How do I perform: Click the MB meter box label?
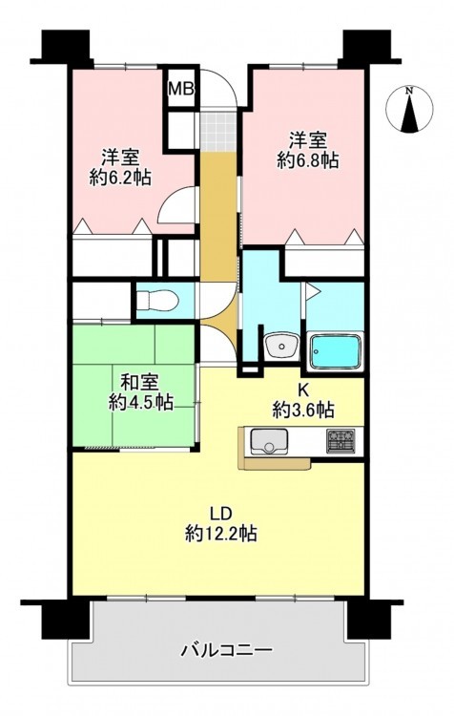click(x=182, y=89)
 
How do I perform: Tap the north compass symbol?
click(x=409, y=110)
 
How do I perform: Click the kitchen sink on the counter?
click(x=269, y=442)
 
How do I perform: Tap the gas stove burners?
click(x=340, y=442)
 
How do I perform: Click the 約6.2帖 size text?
click(x=120, y=178)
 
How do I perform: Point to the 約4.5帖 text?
click(x=140, y=402)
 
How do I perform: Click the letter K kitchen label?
click(x=303, y=390)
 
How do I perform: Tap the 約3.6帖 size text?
click(x=303, y=410)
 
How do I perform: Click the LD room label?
click(x=221, y=514)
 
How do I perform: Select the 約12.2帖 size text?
click(x=221, y=533)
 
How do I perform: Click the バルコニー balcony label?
click(x=227, y=649)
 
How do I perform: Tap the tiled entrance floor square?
click(x=219, y=130)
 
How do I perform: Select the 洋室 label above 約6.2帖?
click(x=120, y=158)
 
